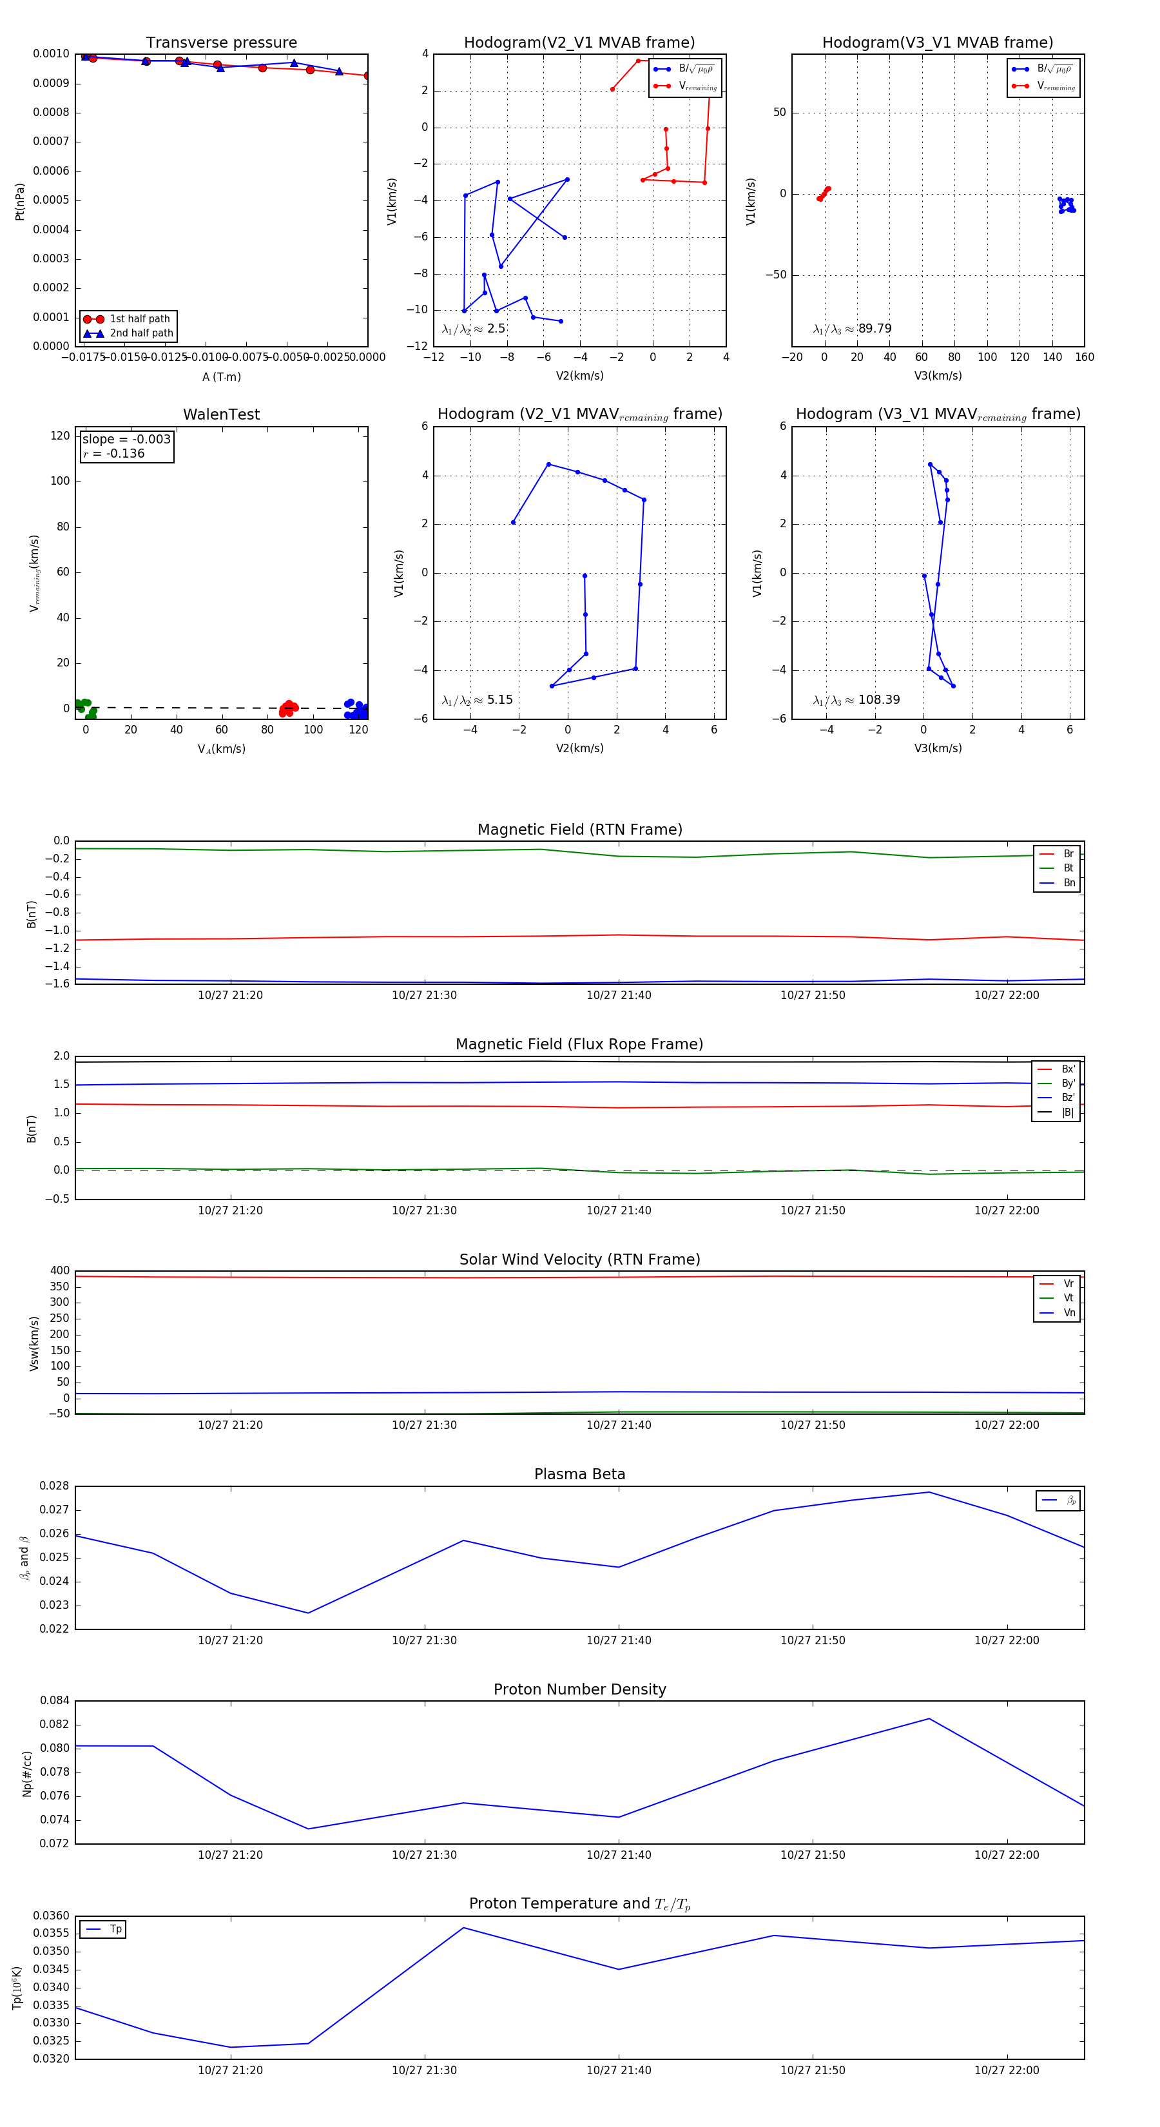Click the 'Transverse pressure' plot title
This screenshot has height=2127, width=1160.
pos(221,43)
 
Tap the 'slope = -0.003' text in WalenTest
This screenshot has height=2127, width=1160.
pos(126,440)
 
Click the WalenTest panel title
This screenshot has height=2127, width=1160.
pos(221,414)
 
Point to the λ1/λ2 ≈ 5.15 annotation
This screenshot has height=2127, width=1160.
pos(477,700)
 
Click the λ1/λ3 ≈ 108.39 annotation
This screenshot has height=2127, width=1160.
pos(856,700)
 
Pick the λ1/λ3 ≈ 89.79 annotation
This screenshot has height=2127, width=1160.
pos(852,329)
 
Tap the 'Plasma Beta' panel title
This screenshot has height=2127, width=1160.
pos(579,1475)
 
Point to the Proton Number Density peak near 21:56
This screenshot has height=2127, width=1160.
pos(929,1719)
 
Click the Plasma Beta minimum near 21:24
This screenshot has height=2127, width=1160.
pos(308,1613)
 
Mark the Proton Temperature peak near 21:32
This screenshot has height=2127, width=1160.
pos(463,1928)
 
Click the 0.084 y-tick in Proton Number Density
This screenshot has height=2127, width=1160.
pos(55,1700)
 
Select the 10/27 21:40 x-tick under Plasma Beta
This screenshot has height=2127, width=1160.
pos(619,1640)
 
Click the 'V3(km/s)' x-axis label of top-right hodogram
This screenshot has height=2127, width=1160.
pos(938,376)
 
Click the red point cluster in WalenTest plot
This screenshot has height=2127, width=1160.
pos(288,708)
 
